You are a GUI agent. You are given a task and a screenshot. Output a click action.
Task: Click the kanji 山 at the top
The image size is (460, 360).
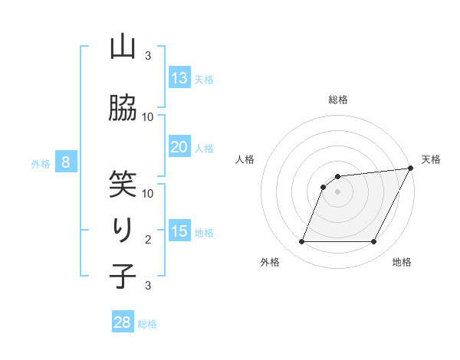pos(122,47)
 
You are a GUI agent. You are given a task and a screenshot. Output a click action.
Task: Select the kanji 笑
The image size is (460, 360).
pos(122,183)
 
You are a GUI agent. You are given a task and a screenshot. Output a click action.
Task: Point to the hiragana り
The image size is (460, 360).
pos(122,229)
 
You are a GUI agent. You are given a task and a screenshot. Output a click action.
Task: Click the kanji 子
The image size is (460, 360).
pos(122,276)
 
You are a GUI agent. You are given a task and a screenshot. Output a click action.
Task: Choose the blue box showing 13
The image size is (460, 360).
pos(179,78)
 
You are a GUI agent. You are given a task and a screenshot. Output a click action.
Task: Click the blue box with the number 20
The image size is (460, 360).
pos(179,147)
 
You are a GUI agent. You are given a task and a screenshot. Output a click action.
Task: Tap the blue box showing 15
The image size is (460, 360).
pos(179,231)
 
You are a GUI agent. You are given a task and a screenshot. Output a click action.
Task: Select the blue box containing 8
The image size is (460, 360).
pos(67,162)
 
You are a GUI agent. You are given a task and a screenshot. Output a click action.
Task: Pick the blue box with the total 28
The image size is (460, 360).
pos(123,322)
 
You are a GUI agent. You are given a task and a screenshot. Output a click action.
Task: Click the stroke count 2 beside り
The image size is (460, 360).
pos(148,240)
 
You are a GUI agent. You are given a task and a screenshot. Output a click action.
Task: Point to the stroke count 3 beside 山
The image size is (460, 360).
pos(148,56)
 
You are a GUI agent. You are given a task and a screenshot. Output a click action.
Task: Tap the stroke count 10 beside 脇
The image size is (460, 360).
pos(148,116)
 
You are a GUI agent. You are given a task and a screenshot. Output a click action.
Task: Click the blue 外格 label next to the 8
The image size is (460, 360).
pos(41,163)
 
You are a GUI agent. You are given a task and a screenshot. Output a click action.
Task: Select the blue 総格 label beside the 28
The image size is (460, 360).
pos(147,324)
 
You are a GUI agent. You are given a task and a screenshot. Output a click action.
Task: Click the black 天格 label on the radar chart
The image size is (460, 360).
pos(431,159)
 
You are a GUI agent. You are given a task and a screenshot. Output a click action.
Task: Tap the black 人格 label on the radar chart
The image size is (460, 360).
pos(245,159)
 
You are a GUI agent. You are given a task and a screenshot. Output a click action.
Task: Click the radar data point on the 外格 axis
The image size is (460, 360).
pos(301,242)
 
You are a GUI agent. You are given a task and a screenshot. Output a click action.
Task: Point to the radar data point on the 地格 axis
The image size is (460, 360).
pos(374,242)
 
